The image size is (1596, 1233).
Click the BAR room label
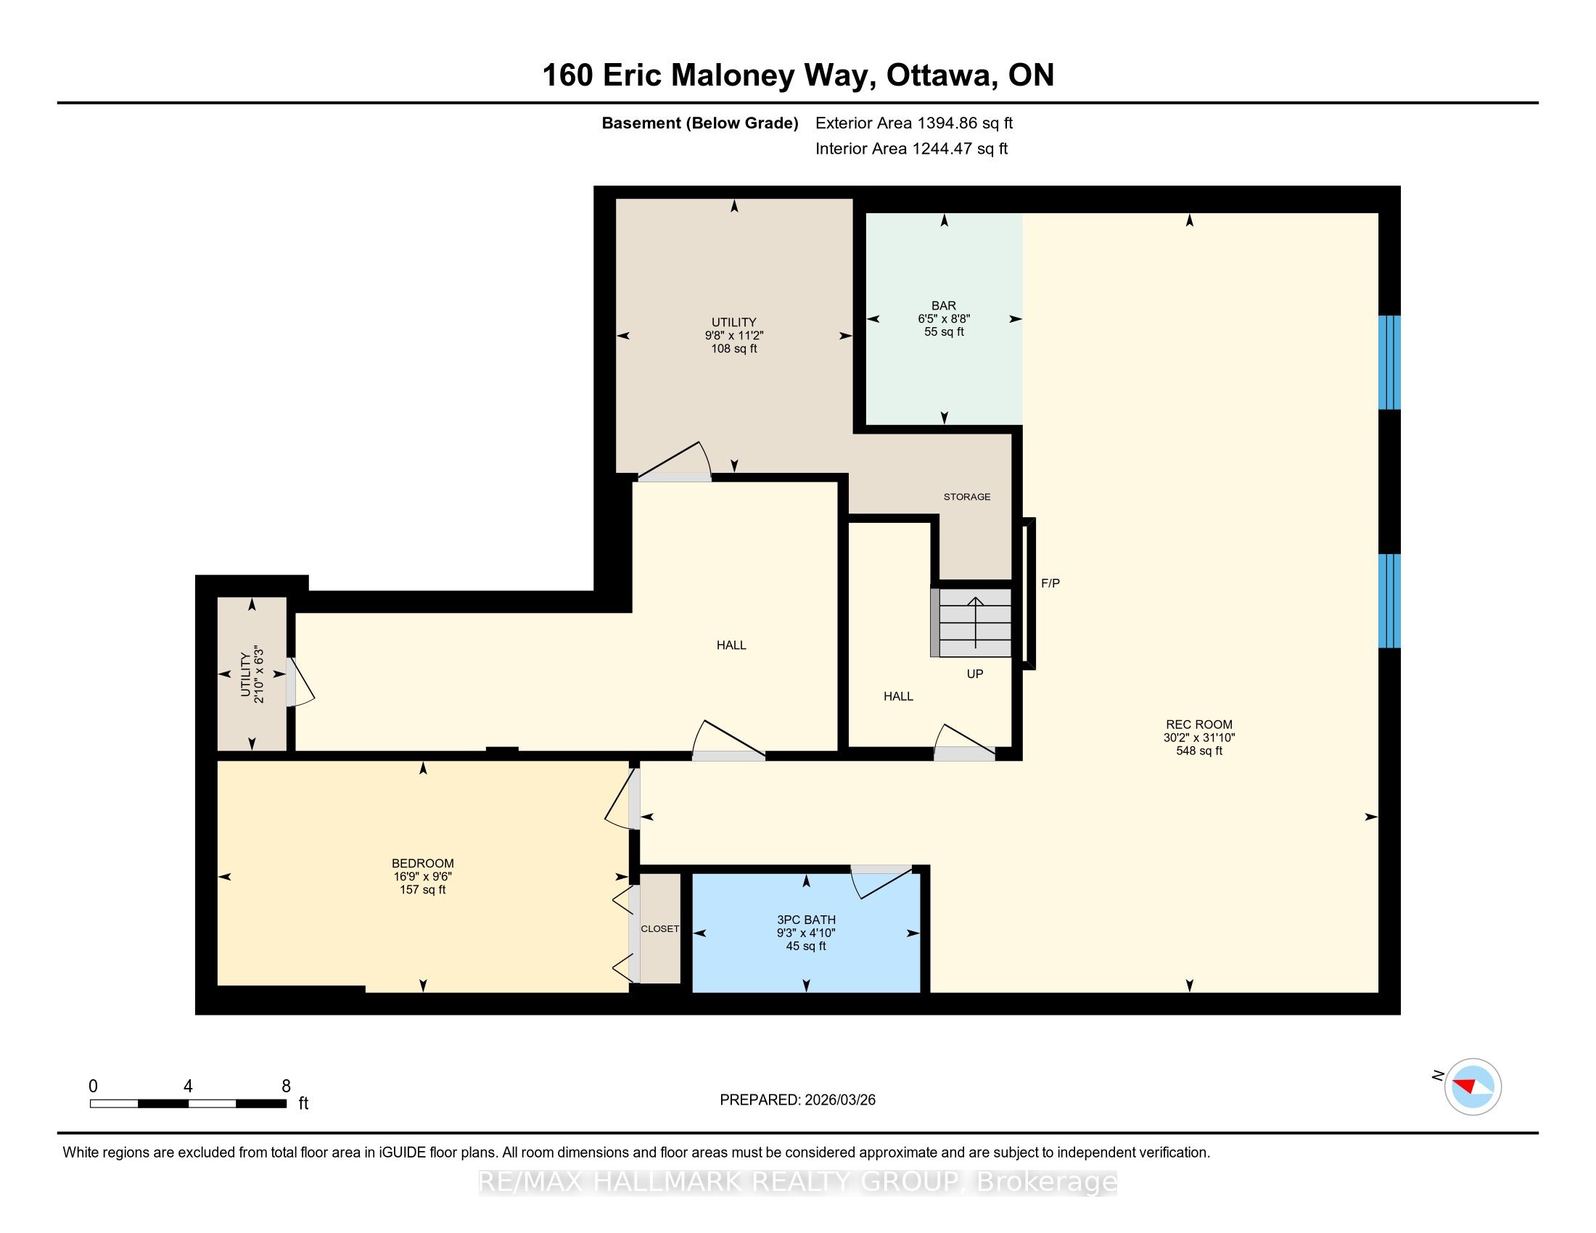[943, 305]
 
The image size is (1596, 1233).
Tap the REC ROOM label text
[1198, 725]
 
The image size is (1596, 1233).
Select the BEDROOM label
[422, 863]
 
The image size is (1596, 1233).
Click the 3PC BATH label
[806, 920]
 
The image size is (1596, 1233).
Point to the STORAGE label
[967, 497]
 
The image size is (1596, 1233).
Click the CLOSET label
[660, 928]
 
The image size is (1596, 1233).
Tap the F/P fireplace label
[1050, 583]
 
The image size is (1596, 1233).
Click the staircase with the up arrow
[971, 623]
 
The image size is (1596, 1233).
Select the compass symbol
[1473, 1086]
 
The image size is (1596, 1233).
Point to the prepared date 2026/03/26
[797, 1100]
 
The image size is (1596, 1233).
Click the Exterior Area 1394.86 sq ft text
[914, 123]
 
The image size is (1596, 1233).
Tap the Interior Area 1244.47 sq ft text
[911, 148]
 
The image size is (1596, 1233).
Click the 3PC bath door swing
[882, 881]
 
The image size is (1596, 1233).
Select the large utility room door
[675, 461]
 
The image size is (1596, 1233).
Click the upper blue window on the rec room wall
[1389, 363]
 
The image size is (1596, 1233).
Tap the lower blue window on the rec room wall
[1389, 601]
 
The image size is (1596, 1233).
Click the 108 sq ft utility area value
[733, 348]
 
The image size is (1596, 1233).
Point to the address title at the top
[798, 75]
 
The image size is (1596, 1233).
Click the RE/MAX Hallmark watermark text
[798, 1182]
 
